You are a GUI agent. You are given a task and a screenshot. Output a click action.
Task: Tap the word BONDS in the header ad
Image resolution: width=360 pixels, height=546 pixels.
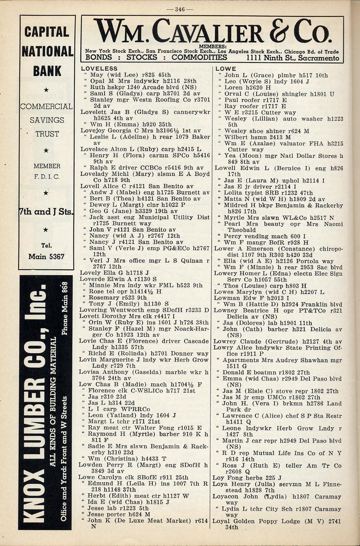tap(99, 57)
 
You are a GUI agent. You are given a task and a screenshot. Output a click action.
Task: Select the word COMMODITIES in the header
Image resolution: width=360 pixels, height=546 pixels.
tap(199, 57)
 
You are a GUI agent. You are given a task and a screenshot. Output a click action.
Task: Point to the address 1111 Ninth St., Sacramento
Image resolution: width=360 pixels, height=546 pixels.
tap(293, 58)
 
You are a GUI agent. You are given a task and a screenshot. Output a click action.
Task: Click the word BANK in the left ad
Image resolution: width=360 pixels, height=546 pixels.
tap(47, 71)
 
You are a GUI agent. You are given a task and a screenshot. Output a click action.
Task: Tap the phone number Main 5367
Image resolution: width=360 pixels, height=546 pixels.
tap(46, 256)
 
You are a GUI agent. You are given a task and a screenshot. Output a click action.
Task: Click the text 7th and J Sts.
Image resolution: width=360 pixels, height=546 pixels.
tap(46, 212)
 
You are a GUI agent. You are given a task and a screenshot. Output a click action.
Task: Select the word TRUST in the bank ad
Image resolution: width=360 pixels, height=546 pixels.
tap(47, 134)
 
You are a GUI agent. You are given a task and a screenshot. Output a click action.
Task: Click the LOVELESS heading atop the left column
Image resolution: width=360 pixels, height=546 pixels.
tap(99, 68)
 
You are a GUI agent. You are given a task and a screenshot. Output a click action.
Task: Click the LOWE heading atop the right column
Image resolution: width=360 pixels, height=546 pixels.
tap(226, 68)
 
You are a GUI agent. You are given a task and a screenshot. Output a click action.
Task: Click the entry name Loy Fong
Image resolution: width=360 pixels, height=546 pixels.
tap(226, 478)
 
